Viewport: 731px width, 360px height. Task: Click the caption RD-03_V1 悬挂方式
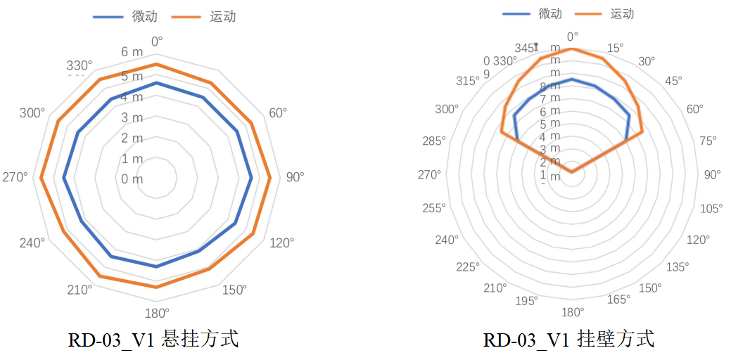(153, 340)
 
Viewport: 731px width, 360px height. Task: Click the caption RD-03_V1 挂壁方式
(568, 340)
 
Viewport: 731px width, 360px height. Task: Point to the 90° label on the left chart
(295, 176)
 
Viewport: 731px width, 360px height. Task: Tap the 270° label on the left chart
(15, 176)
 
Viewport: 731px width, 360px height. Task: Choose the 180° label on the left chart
(156, 313)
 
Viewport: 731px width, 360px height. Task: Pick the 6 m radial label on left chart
(132, 52)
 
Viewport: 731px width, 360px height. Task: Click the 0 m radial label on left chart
(132, 179)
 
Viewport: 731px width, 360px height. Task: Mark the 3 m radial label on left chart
(132, 117)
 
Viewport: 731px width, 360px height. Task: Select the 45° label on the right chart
(673, 81)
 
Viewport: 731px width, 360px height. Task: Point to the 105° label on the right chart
(711, 207)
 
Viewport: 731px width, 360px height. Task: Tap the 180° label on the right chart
(573, 312)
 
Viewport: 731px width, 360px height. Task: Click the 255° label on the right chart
(434, 207)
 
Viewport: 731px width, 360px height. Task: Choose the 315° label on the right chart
(468, 81)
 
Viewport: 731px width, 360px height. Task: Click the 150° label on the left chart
(234, 289)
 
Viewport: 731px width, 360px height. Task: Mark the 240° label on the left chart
(32, 243)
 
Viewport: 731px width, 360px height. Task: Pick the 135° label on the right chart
(678, 266)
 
